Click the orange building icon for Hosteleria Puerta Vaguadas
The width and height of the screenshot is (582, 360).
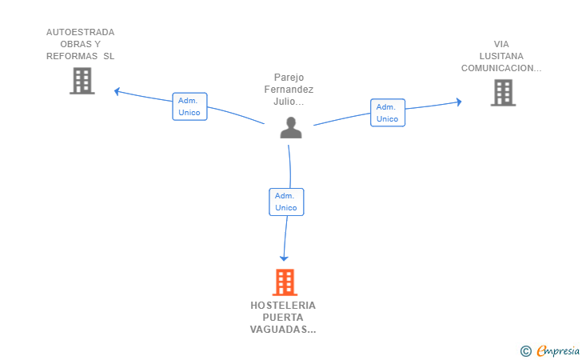(x=285, y=282)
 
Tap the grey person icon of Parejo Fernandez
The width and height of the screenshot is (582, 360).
(x=291, y=128)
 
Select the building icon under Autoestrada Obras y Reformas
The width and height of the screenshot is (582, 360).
(x=82, y=81)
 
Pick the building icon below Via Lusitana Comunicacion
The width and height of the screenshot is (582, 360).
(x=503, y=93)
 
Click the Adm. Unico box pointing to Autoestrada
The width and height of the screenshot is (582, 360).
(x=189, y=106)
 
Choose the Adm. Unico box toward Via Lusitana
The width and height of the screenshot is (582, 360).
(x=388, y=113)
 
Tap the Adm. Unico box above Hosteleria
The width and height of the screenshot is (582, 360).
(x=286, y=202)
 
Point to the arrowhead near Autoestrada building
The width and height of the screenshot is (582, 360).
(x=117, y=91)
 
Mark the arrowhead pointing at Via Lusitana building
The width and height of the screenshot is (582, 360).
(x=459, y=102)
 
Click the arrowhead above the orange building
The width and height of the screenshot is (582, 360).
(x=284, y=258)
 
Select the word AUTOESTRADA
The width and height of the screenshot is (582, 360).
(x=80, y=32)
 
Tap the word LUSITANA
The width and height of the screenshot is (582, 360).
(x=501, y=56)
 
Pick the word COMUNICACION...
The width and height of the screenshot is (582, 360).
(x=497, y=68)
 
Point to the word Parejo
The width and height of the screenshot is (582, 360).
(x=289, y=78)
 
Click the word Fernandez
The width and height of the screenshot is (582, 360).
(x=289, y=90)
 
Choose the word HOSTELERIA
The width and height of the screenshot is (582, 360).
(x=283, y=306)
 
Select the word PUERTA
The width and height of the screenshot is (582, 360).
(x=283, y=318)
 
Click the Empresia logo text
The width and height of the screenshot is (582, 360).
(x=558, y=351)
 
